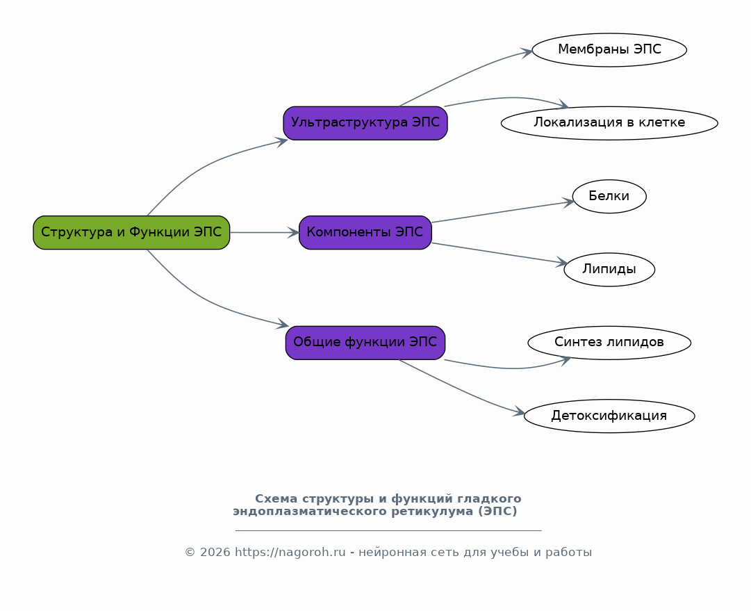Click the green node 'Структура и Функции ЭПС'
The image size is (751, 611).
131,232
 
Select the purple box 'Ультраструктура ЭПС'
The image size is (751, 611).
365,123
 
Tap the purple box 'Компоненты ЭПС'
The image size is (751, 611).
365,232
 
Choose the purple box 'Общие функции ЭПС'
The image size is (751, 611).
365,343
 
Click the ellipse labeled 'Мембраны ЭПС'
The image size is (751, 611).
609,50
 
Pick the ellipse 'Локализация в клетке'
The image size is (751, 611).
609,123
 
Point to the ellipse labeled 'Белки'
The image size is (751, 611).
609,197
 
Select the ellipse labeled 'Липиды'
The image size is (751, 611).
609,269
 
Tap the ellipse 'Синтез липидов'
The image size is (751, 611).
609,343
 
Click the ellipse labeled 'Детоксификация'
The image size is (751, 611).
609,416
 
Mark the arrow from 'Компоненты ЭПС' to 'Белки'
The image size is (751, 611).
503,212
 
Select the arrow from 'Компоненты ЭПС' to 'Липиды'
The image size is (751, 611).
500,253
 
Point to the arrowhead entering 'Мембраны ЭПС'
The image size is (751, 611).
527,51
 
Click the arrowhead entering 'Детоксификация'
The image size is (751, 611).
519,412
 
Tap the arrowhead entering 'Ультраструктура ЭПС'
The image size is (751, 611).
281,141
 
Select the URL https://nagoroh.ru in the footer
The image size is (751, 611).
290,553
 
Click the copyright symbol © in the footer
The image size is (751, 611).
190,553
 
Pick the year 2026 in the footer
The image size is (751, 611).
215,553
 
